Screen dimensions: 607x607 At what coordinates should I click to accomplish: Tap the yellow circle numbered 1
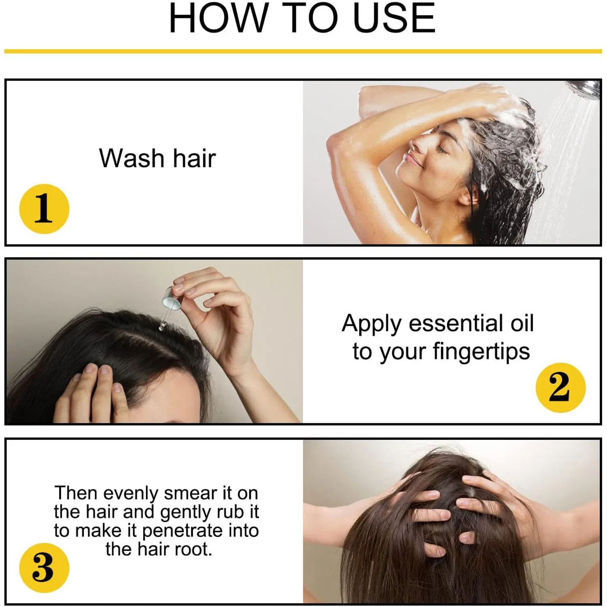pos(44,208)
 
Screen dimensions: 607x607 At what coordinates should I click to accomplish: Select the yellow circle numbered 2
pos(560,387)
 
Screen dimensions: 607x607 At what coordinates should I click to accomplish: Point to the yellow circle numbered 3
pos(44,567)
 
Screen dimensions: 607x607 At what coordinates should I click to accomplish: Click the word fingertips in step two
pos(481,351)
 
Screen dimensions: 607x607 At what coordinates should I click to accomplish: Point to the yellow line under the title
pos(303,51)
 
